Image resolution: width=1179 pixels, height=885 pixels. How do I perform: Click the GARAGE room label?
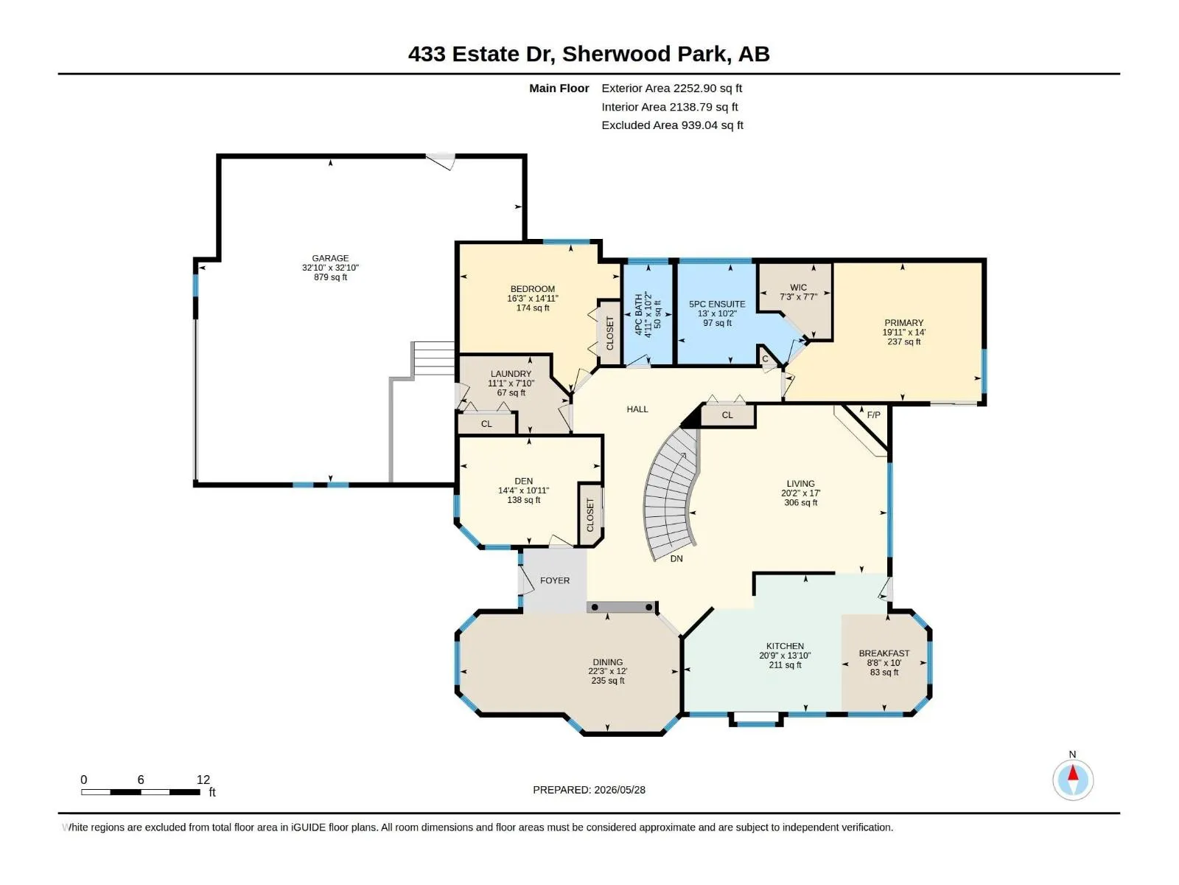click(330, 258)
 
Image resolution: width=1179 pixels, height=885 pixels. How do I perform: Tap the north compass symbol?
click(1073, 780)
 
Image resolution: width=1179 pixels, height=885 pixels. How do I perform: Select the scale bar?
click(141, 792)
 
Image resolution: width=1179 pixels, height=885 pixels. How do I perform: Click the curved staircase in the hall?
click(671, 494)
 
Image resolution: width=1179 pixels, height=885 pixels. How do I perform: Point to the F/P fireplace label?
click(873, 415)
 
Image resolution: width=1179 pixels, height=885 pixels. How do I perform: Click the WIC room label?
click(798, 288)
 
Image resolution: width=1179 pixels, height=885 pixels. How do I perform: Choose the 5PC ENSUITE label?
click(717, 304)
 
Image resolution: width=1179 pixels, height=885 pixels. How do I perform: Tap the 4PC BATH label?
click(639, 314)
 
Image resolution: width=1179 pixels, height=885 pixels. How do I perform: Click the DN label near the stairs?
click(676, 559)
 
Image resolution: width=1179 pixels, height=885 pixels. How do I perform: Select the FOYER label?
click(555, 581)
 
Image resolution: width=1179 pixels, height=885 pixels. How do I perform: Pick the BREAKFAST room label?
click(884, 653)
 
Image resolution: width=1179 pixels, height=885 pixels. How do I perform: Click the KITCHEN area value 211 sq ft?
click(785, 665)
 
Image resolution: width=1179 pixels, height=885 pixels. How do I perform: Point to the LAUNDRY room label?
click(511, 374)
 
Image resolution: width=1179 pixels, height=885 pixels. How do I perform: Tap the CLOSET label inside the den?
click(590, 515)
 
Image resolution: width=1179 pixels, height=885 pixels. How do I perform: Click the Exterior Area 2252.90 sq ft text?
click(671, 88)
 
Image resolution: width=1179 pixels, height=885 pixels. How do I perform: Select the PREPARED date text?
click(589, 790)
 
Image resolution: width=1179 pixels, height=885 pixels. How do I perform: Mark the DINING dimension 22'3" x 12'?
click(607, 671)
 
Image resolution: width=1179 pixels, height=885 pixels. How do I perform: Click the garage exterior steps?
click(433, 358)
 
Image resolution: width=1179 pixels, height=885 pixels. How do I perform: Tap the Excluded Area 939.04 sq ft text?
click(672, 125)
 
